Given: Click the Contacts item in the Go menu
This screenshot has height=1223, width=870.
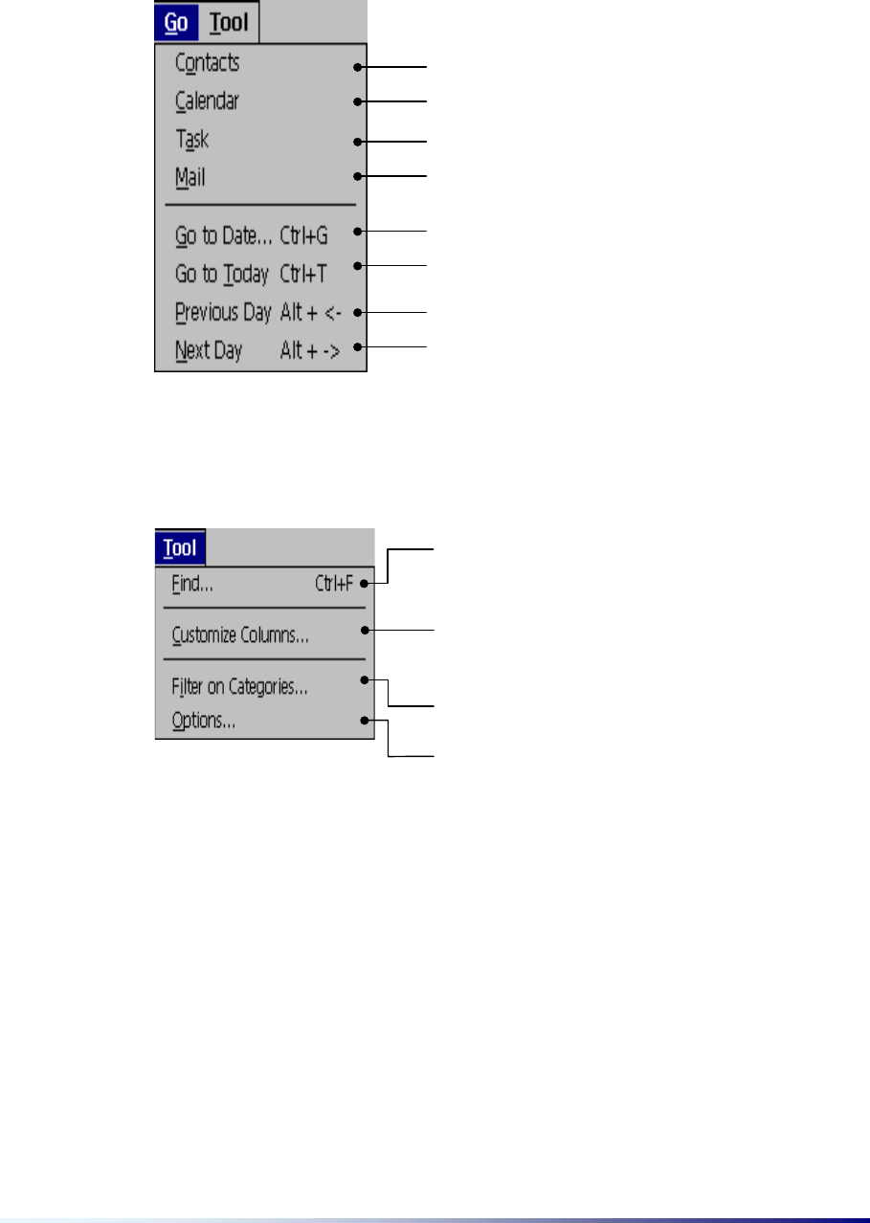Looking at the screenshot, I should [207, 63].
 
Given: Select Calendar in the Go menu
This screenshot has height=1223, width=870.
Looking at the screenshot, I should [207, 100].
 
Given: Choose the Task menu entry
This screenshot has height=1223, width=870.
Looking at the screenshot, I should [192, 140].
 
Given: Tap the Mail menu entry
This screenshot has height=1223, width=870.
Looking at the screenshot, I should [190, 177].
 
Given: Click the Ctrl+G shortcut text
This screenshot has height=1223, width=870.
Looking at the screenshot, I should [303, 234].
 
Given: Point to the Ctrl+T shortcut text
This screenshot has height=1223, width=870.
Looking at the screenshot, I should [303, 275].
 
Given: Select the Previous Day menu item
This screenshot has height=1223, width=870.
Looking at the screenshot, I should [223, 313].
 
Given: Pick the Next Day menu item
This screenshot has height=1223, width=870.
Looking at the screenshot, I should [209, 351].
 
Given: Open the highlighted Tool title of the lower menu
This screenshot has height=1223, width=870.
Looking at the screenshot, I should [180, 548].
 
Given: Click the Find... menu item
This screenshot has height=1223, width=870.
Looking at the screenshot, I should [192, 583].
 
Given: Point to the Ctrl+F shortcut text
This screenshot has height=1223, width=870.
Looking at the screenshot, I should [335, 583].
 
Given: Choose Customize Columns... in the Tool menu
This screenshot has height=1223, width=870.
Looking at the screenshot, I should [240, 635].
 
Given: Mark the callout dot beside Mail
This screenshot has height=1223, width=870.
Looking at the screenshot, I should [357, 175].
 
